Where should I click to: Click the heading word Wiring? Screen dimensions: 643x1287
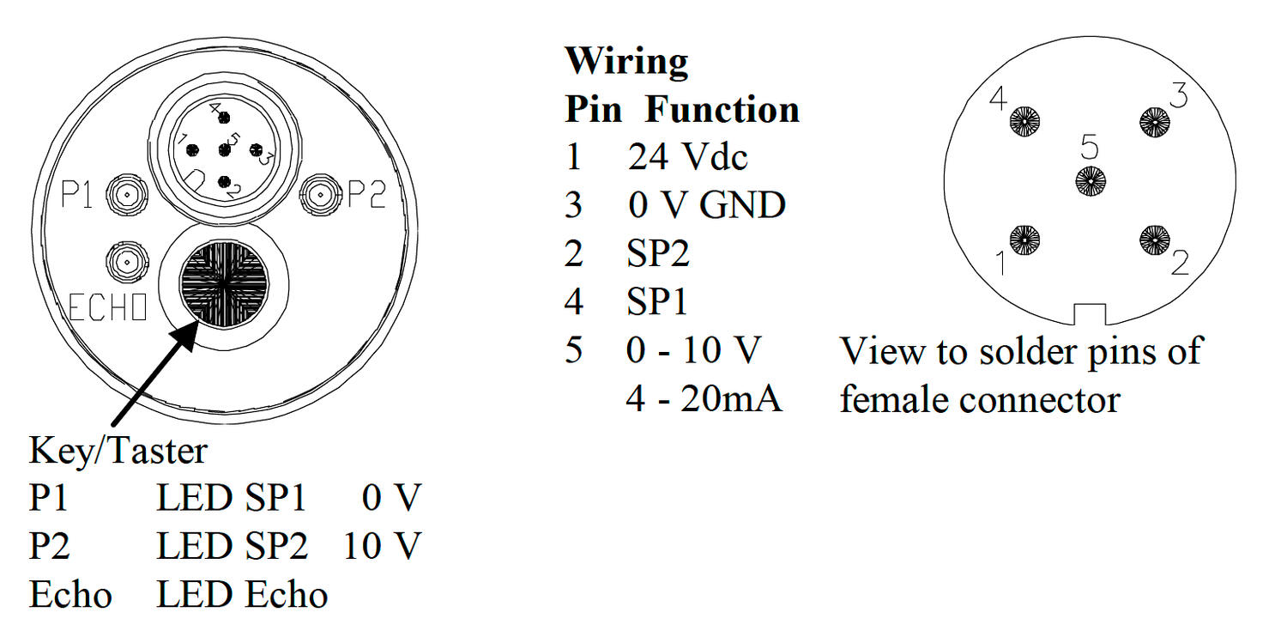[x=626, y=62]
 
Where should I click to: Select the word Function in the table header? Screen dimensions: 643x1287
[x=722, y=110]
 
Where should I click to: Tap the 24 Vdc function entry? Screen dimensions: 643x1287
[x=687, y=157]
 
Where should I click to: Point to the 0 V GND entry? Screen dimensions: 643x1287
[x=706, y=205]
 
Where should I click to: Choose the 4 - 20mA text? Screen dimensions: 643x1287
[x=704, y=399]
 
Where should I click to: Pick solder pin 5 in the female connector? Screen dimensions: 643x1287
[x=1091, y=181]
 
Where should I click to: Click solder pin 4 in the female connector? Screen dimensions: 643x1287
[x=1025, y=123]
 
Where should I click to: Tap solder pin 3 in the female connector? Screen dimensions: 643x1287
[x=1154, y=122]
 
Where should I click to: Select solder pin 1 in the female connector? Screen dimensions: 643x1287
[x=1025, y=240]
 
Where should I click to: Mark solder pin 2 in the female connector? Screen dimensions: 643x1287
[x=1154, y=240]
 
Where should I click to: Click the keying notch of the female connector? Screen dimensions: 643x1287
[x=1090, y=314]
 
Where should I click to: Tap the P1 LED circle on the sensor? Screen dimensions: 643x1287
[x=126, y=197]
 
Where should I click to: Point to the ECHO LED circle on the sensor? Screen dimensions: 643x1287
[x=126, y=261]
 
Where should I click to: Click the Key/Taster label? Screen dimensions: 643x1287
[x=118, y=451]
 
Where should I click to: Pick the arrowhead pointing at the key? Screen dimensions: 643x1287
[x=190, y=334]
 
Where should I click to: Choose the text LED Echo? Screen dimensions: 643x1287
[x=242, y=595]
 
